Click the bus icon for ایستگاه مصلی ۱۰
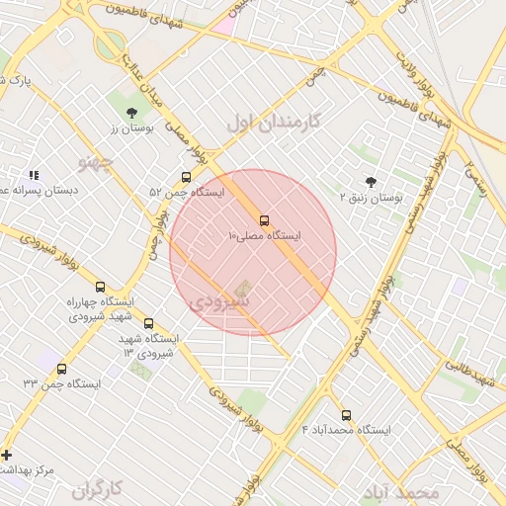(x=264, y=220)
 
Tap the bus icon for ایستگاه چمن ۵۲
(x=187, y=177)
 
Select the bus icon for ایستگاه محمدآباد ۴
(x=346, y=415)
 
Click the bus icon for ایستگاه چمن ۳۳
(x=62, y=369)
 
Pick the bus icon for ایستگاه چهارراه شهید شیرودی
(x=100, y=287)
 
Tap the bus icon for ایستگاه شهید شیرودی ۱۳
(x=149, y=323)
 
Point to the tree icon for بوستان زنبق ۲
(x=371, y=182)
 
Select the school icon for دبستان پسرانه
(x=33, y=175)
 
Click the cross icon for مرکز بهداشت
(x=8, y=456)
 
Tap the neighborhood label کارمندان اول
(x=274, y=123)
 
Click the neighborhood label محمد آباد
(x=399, y=492)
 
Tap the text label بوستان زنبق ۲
(x=373, y=198)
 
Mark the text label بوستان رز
(x=127, y=128)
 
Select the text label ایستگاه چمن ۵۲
(x=188, y=192)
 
